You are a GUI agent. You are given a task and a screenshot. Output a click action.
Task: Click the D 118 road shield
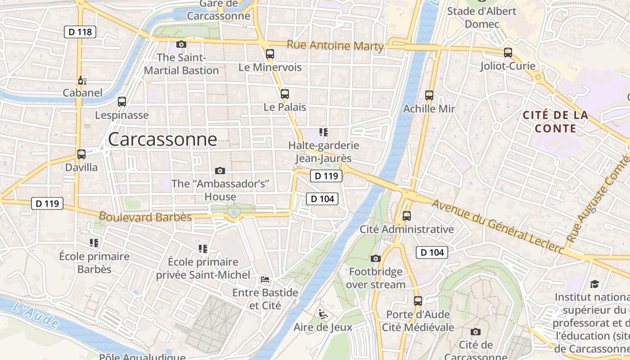(x=81, y=32)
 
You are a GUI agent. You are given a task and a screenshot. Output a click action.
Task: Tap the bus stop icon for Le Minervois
(x=270, y=54)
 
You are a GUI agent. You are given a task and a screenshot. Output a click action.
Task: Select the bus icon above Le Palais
(x=285, y=94)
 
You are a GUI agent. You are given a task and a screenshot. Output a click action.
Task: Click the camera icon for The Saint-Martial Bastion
(x=181, y=44)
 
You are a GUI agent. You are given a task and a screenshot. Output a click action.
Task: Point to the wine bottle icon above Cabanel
(x=82, y=81)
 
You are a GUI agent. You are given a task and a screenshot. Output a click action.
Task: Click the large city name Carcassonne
(x=162, y=139)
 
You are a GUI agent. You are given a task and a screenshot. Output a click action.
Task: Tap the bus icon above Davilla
(x=81, y=154)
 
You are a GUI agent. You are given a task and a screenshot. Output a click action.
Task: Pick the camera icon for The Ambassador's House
(x=220, y=171)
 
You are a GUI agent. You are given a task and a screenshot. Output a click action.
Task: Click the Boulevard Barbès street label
(x=145, y=217)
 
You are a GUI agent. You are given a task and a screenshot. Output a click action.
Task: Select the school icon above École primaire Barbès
(x=94, y=243)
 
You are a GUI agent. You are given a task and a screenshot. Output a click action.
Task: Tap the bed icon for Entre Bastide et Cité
(x=265, y=279)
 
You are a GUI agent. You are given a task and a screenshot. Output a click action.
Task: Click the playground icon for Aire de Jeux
(x=323, y=314)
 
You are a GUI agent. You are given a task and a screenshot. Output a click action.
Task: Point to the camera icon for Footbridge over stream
(x=376, y=258)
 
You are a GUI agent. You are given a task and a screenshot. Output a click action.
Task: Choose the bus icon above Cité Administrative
(x=407, y=216)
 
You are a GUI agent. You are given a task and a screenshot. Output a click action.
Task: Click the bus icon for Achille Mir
(x=429, y=95)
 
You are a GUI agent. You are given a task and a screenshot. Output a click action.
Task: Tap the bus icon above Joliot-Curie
(x=508, y=53)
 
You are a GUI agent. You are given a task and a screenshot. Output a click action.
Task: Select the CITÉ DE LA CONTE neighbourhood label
(x=556, y=122)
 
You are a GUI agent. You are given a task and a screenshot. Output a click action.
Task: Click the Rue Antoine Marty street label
(x=335, y=45)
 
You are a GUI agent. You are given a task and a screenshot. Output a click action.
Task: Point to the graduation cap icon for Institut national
(x=595, y=284)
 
